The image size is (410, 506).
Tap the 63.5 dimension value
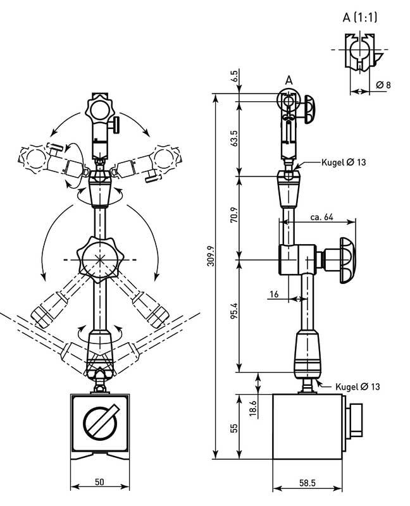[x=234, y=138]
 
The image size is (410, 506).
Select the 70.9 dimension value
[x=234, y=215]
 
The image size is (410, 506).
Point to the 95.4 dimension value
[x=234, y=311]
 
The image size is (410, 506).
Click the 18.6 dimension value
[x=254, y=409]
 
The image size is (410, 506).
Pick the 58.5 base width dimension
[x=307, y=483]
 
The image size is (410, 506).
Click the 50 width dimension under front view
[x=99, y=482]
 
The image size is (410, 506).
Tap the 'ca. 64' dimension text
[x=321, y=217]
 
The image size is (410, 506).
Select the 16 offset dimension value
[x=274, y=294]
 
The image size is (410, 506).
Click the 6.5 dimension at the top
[x=234, y=76]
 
